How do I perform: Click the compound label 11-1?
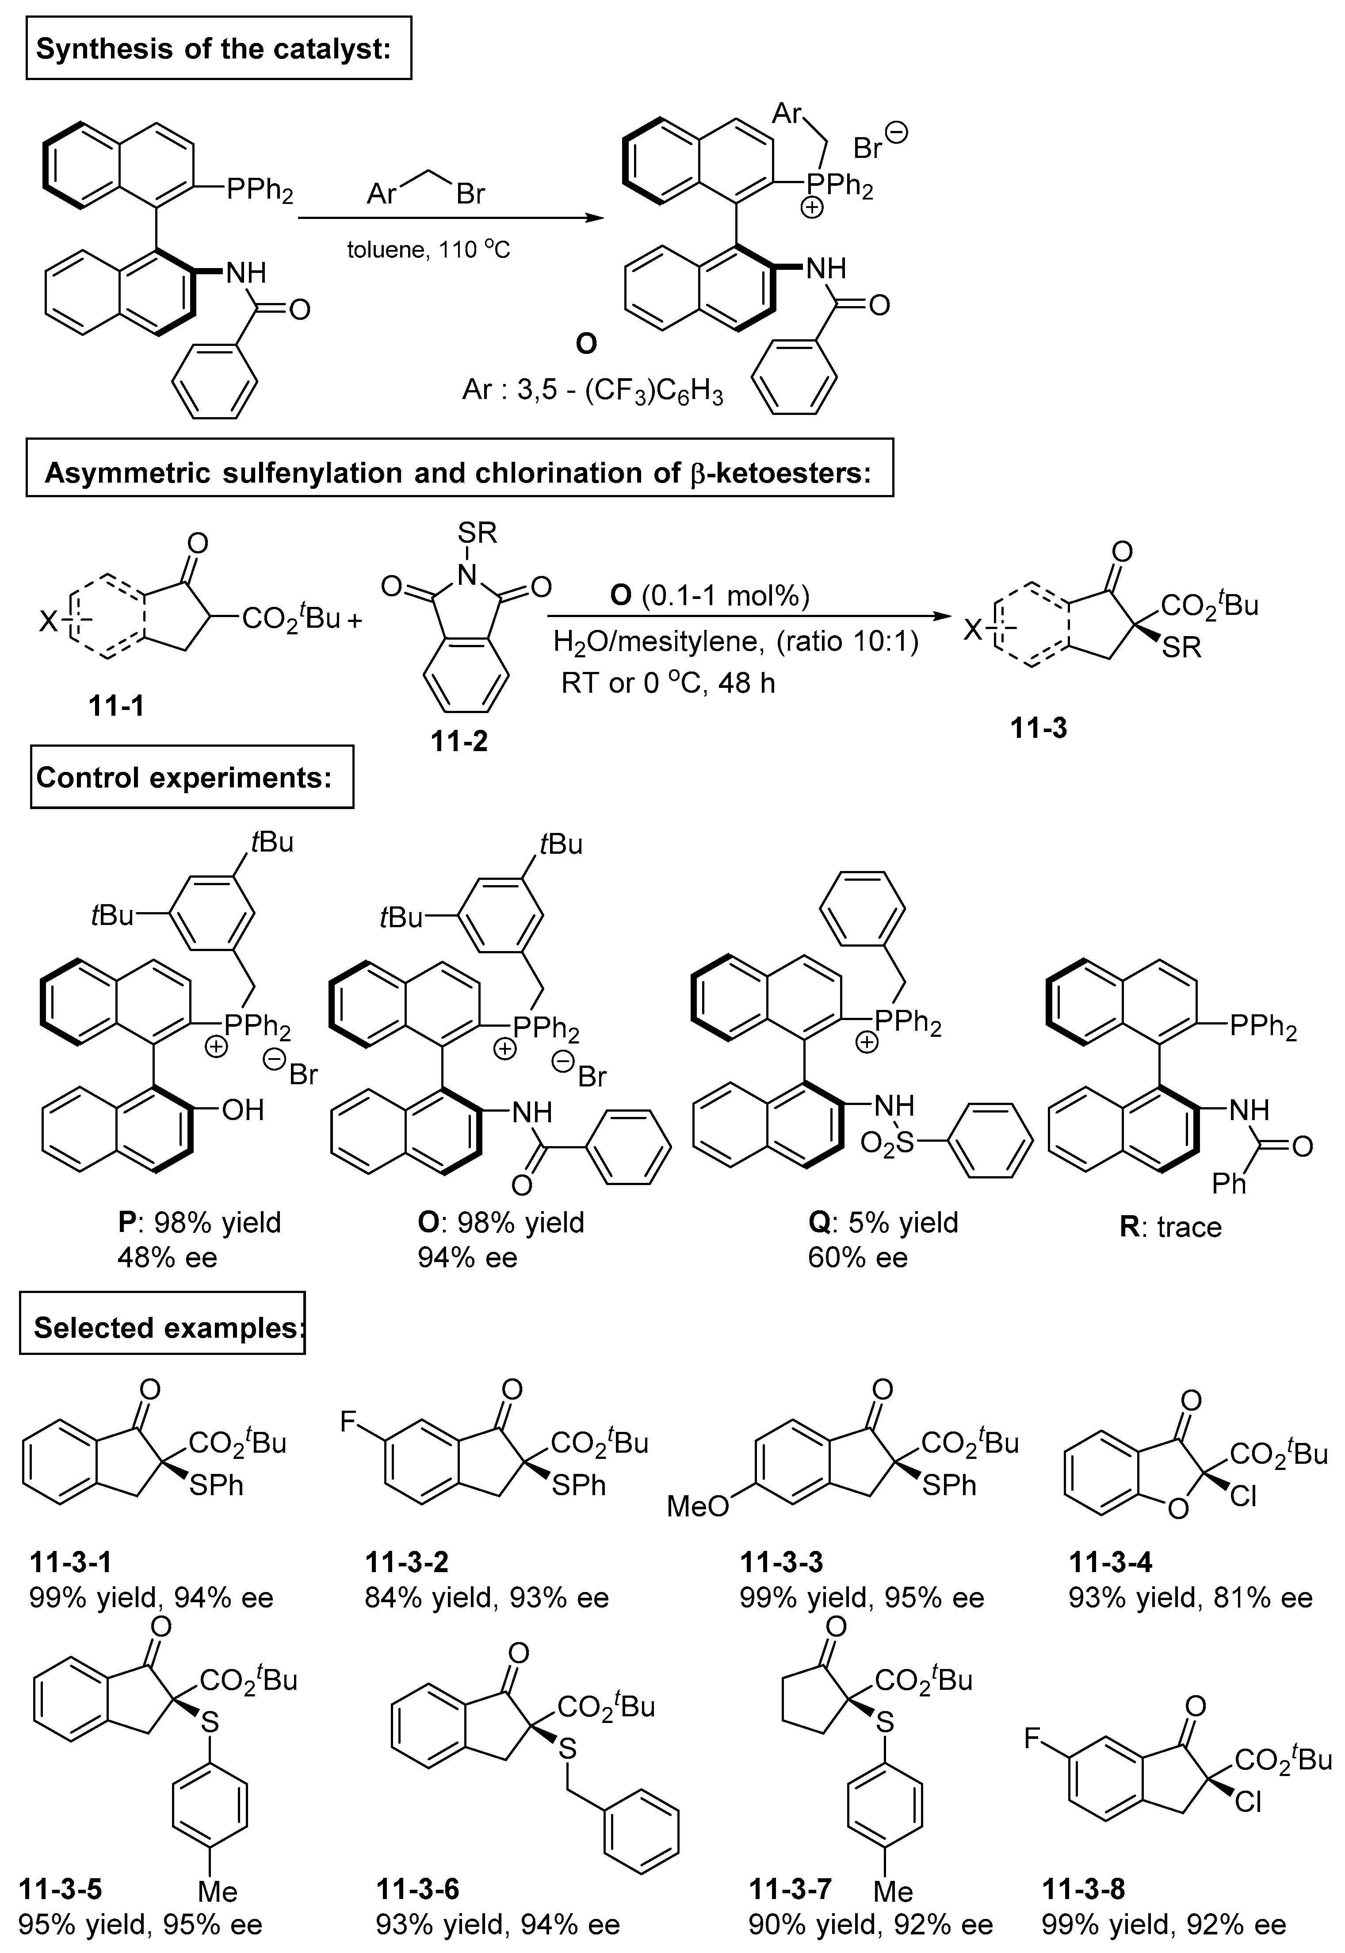click(x=116, y=706)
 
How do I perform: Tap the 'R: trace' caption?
click(x=1170, y=1226)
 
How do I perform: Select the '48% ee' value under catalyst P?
click(x=168, y=1258)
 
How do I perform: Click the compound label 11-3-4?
click(x=1111, y=1562)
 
